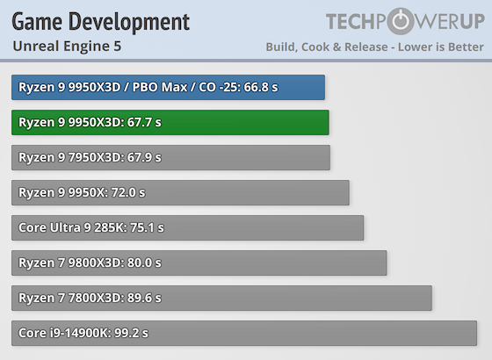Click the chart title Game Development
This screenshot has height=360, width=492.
point(100,20)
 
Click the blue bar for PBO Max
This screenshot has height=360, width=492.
point(168,87)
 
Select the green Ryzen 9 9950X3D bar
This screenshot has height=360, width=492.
point(170,122)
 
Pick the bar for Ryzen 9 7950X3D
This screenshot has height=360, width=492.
point(170,157)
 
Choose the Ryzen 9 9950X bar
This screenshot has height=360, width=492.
point(180,192)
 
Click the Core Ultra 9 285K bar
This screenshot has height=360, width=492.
point(187,227)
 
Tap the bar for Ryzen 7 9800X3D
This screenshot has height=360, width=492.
point(199,263)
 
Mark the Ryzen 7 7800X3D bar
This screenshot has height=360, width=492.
point(221,298)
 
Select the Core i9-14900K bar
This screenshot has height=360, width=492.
point(244,333)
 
